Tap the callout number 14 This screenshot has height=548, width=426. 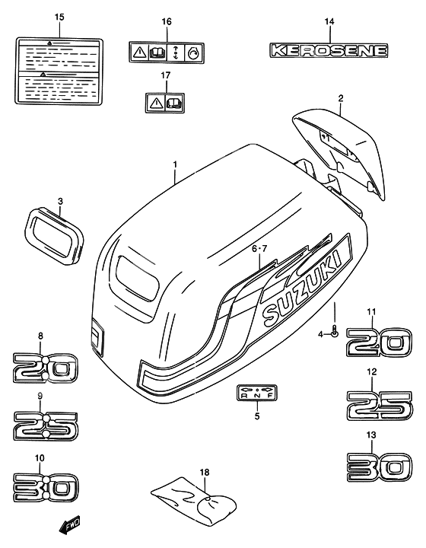click(x=329, y=21)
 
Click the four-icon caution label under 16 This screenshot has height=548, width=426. click(x=167, y=52)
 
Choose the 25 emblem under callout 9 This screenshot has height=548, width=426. click(x=44, y=426)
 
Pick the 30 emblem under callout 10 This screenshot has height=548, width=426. click(x=44, y=485)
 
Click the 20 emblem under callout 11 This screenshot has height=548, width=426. click(x=380, y=342)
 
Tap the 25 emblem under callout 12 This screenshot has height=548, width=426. click(x=380, y=405)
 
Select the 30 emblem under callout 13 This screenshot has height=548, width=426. click(x=380, y=464)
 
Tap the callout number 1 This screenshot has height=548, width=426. click(x=174, y=164)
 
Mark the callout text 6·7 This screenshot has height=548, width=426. click(x=259, y=248)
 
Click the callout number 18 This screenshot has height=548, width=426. click(x=204, y=473)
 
